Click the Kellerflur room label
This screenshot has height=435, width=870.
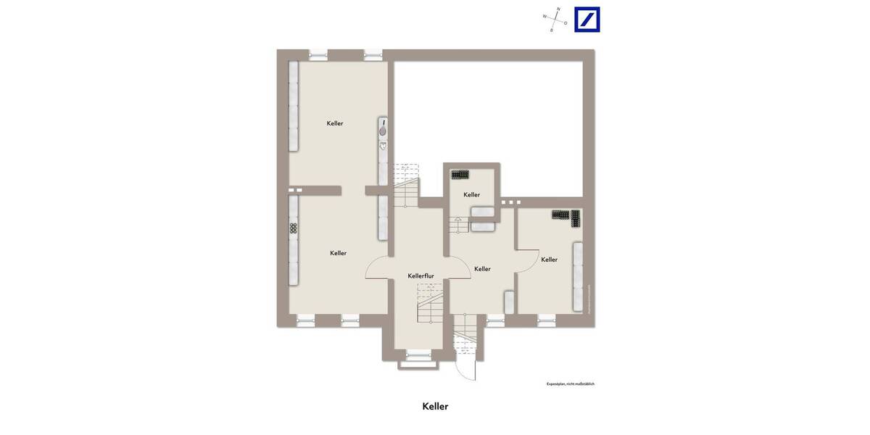[420, 276]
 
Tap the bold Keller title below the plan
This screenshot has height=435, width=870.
[435, 407]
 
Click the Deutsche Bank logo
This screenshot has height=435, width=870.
[587, 20]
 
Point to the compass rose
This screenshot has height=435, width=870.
[555, 20]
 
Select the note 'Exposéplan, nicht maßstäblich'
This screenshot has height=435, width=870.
[570, 384]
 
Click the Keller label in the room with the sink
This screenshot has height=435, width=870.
[335, 124]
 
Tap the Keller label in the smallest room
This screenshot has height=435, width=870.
[472, 195]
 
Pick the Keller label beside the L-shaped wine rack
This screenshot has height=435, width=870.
[549, 260]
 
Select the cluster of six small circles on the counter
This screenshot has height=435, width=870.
[294, 228]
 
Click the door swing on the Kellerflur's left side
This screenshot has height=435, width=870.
[378, 268]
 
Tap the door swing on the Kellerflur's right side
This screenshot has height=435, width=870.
[458, 268]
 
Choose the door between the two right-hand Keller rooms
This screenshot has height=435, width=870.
[526, 261]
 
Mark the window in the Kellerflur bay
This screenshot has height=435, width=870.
[418, 354]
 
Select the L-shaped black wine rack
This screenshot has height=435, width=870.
[566, 216]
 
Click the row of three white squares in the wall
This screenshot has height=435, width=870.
[510, 202]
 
